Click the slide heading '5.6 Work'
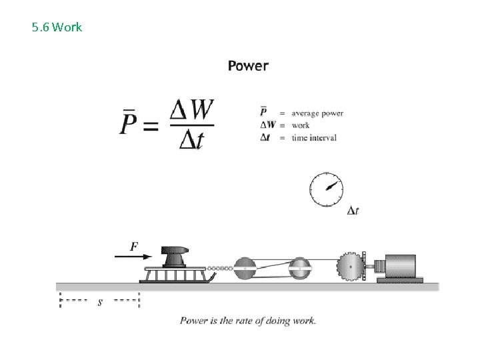click(57, 27)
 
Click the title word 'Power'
click(248, 65)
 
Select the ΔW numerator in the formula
click(192, 109)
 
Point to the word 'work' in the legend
click(301, 125)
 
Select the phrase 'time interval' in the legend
click(314, 137)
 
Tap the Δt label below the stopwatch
click(353, 211)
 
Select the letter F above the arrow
click(134, 246)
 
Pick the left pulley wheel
click(244, 269)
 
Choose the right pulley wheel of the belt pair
click(300, 269)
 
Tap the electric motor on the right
click(398, 267)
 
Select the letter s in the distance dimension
click(100, 301)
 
